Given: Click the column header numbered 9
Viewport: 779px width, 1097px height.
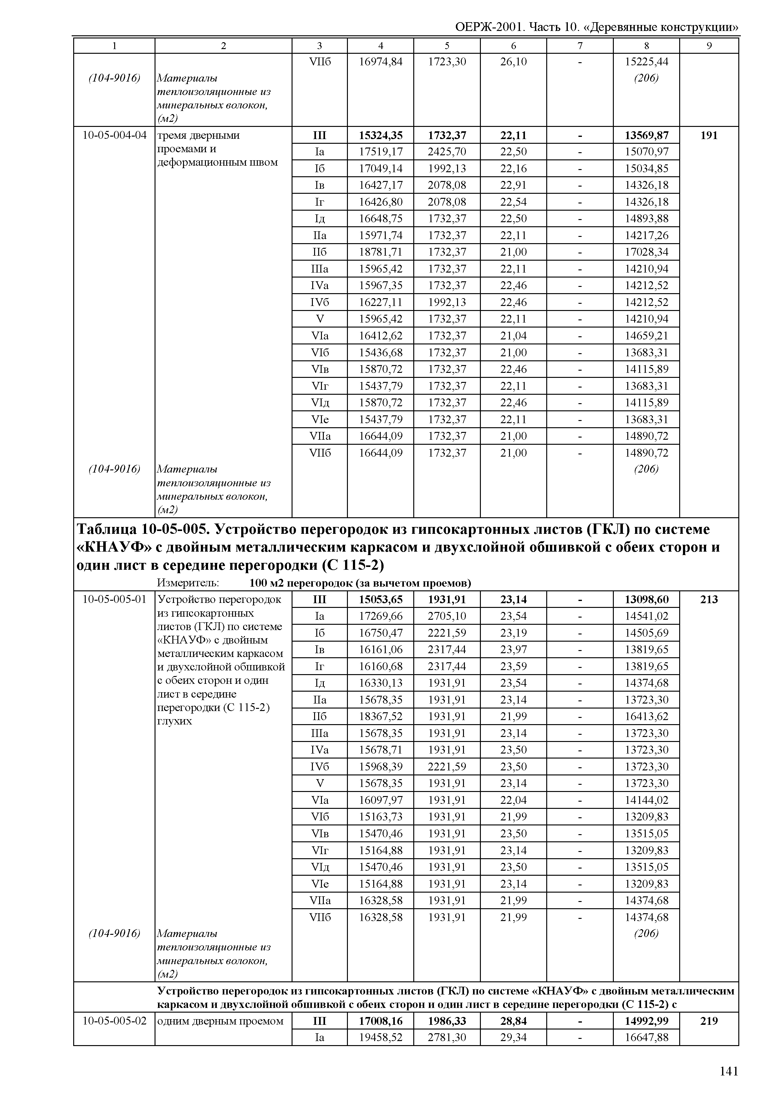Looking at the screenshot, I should coord(709,46).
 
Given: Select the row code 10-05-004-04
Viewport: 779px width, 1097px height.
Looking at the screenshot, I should coord(114,135).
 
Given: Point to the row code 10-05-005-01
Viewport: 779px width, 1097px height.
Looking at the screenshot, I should coord(114,599).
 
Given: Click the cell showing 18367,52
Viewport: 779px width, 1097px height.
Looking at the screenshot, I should coord(380,716).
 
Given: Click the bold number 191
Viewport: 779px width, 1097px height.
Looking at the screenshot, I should coord(709,135).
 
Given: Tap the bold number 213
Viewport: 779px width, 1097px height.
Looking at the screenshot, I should coord(709,599).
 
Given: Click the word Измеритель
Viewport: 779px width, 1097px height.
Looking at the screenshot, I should coord(188,583).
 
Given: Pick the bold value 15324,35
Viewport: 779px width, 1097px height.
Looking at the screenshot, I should coord(380,135).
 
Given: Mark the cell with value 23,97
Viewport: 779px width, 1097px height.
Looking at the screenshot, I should coord(513,650).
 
